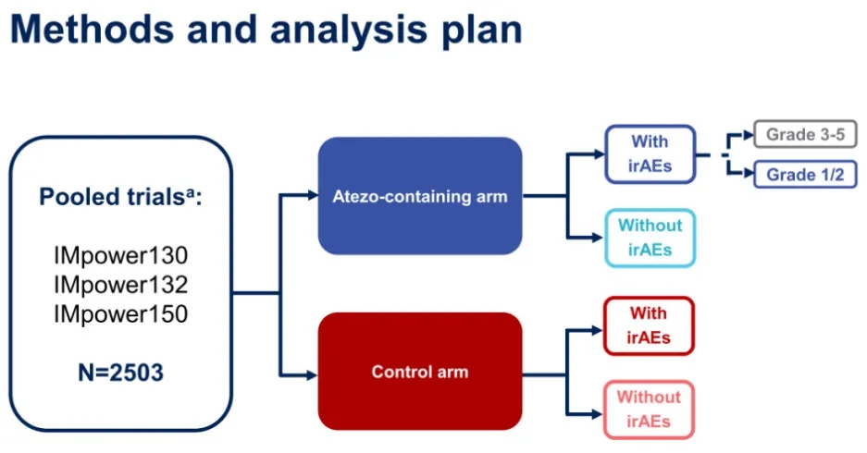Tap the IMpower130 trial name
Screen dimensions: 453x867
(120, 254)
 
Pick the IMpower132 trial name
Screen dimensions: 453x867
(120, 284)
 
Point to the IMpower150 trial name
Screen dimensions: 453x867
(120, 314)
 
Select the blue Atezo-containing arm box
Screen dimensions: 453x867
(420, 195)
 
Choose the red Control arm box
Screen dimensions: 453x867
(420, 373)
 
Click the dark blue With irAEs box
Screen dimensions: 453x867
(650, 154)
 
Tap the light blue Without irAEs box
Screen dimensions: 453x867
(650, 238)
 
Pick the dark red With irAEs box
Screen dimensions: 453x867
(649, 325)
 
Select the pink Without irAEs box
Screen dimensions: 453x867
(649, 410)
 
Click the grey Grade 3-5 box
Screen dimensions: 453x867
(804, 135)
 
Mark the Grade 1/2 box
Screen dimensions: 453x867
(804, 174)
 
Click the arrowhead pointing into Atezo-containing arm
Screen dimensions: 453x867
(312, 195)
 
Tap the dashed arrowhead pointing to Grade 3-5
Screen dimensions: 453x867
(749, 135)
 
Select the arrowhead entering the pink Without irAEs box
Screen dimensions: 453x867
(597, 412)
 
